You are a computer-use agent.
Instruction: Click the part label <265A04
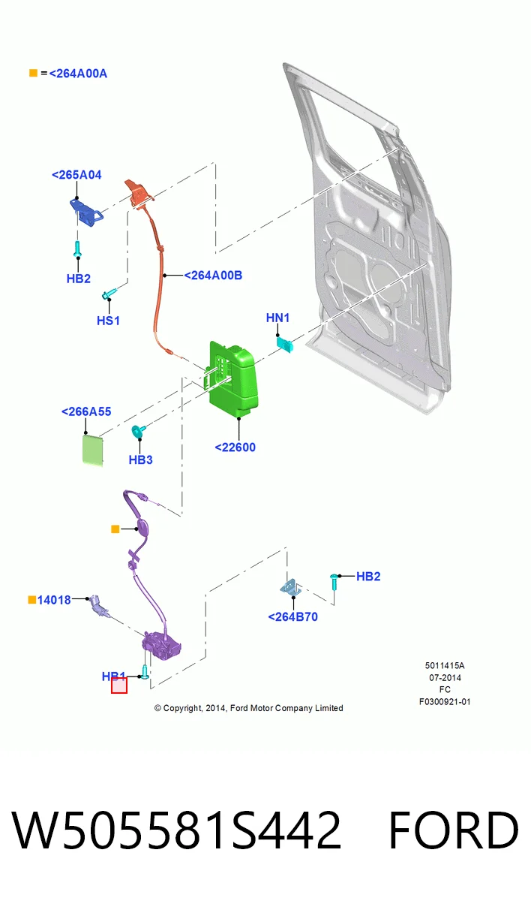76,175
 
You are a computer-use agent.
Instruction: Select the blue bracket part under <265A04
86,212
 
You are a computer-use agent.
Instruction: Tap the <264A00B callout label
213,276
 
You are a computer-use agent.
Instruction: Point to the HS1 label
108,321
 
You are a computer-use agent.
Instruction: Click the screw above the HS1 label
109,294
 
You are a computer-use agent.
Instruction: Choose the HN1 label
277,318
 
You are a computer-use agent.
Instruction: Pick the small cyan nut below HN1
284,345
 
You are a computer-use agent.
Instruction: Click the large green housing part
233,379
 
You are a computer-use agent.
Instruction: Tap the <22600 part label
235,447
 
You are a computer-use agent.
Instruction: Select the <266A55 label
86,411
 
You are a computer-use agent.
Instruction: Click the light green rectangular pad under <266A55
93,450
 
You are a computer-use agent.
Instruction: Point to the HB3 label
140,460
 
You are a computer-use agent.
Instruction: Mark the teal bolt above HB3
139,431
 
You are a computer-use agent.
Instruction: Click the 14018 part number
54,600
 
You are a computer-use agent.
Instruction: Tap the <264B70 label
292,617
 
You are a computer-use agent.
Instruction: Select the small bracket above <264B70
291,588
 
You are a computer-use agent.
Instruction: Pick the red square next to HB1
119,686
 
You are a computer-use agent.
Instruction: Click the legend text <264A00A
78,74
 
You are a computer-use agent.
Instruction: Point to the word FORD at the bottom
454,830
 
